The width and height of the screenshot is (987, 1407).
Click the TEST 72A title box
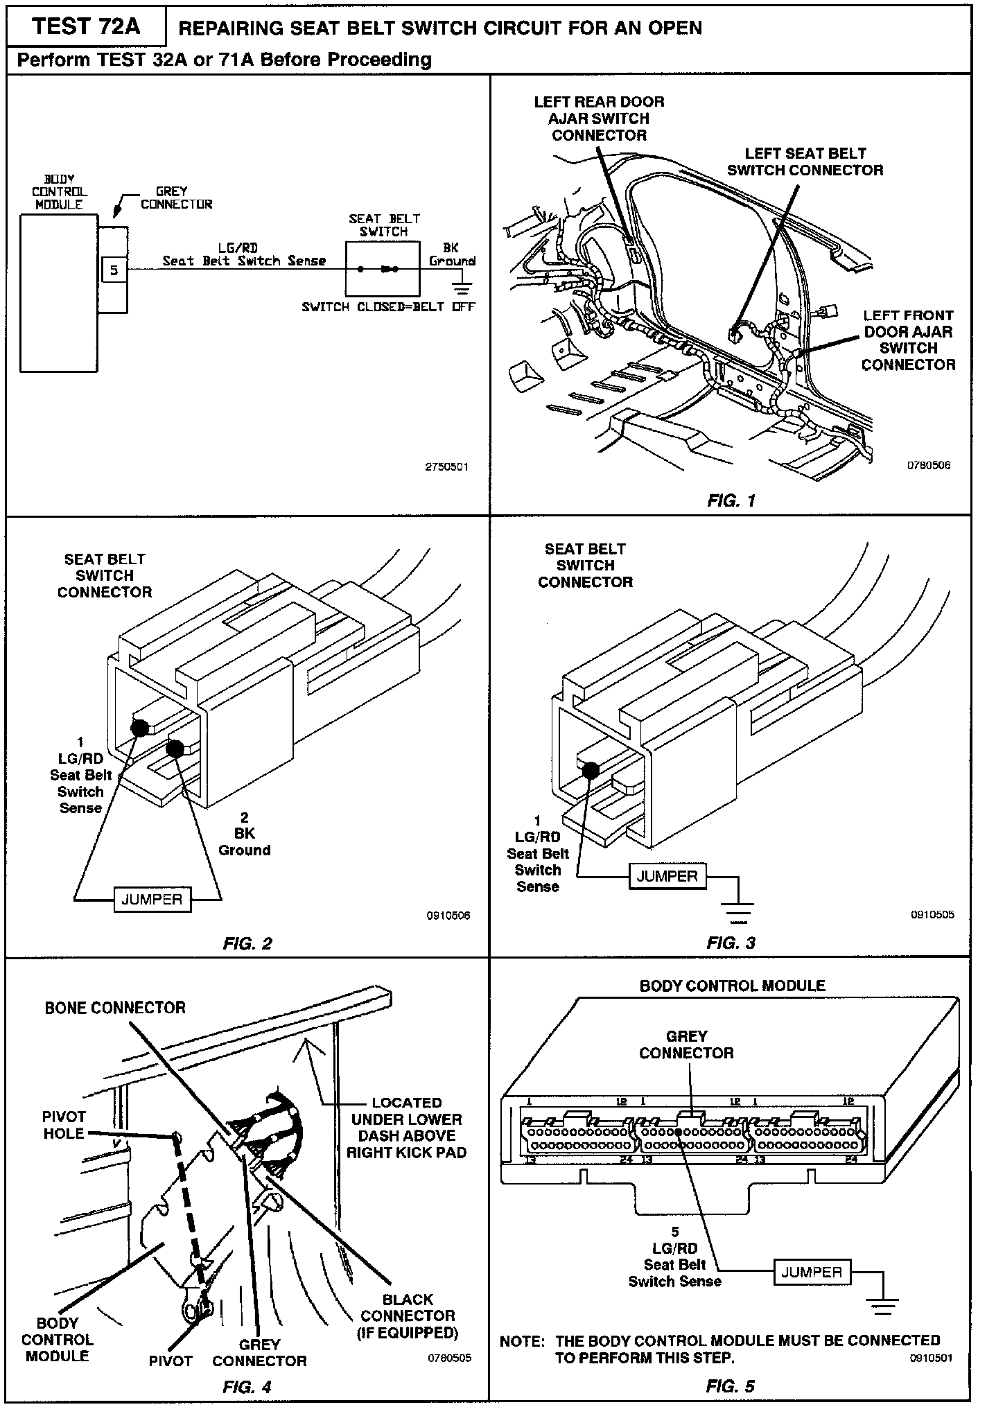(x=86, y=26)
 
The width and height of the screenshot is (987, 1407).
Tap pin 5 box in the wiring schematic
(x=114, y=270)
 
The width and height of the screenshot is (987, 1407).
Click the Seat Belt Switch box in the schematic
(x=383, y=269)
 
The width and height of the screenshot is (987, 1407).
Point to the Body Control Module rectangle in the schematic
(x=58, y=292)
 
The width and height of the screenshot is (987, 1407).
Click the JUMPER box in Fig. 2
(x=152, y=900)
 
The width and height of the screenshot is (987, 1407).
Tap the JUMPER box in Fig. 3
(x=667, y=876)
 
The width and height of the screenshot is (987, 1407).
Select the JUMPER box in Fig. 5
(x=812, y=1273)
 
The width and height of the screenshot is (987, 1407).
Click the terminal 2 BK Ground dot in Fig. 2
(x=175, y=749)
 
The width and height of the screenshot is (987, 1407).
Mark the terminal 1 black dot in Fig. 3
(x=591, y=769)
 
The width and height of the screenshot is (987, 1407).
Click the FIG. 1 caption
(x=731, y=500)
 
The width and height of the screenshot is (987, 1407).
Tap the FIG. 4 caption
(x=247, y=1386)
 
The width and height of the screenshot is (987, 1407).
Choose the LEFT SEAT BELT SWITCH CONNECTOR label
(x=805, y=161)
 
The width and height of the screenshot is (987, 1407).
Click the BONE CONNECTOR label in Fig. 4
(x=115, y=1008)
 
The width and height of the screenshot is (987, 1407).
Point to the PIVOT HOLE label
(x=64, y=1125)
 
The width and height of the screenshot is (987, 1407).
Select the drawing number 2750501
(x=446, y=467)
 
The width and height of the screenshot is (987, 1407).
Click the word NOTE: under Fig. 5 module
(x=521, y=1341)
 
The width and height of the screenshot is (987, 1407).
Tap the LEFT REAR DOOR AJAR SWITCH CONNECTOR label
(x=599, y=119)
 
